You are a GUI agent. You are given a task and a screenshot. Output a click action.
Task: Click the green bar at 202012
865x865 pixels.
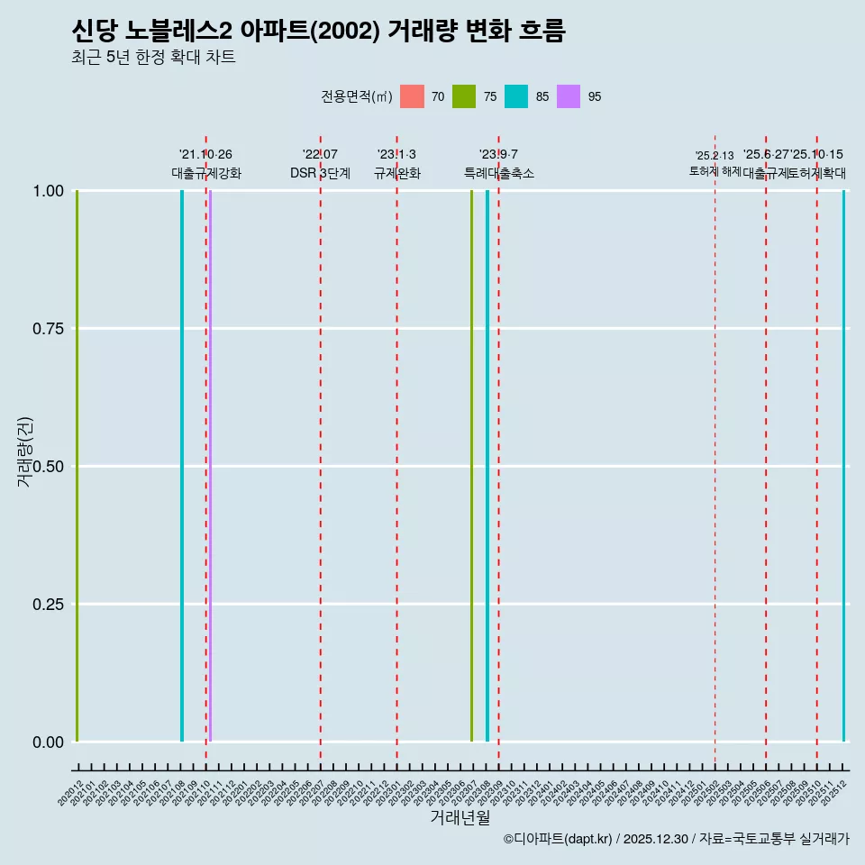pyautogui.click(x=77, y=466)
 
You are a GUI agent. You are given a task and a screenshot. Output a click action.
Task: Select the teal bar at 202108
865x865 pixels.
pyautogui.click(x=182, y=466)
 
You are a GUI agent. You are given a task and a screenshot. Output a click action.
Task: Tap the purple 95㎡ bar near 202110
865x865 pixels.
pyautogui.click(x=210, y=466)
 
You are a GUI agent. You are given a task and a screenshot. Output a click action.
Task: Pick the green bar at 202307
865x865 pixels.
pyautogui.click(x=471, y=466)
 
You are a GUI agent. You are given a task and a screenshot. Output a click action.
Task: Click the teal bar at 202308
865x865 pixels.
pyautogui.click(x=487, y=466)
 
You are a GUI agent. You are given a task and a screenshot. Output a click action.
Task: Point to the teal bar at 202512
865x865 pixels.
pyautogui.click(x=844, y=466)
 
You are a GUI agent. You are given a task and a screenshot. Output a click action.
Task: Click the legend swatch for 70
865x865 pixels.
pyautogui.click(x=412, y=96)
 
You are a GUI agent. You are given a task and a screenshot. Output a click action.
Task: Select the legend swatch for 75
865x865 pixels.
pyautogui.click(x=464, y=96)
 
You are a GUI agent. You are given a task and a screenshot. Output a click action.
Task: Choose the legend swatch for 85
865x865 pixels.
pyautogui.click(x=516, y=96)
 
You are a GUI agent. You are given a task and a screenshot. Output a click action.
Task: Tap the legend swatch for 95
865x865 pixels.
pyautogui.click(x=569, y=96)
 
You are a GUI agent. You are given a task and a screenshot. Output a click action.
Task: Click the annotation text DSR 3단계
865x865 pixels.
pyautogui.click(x=320, y=173)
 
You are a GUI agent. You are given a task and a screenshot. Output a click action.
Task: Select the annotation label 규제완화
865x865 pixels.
pyautogui.click(x=397, y=173)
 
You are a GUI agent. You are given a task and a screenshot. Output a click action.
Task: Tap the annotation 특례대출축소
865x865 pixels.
pyautogui.click(x=499, y=173)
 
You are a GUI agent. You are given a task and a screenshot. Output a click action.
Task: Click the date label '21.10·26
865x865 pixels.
pyautogui.click(x=205, y=155)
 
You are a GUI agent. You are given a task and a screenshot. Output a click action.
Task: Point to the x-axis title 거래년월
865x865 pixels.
pyautogui.click(x=460, y=817)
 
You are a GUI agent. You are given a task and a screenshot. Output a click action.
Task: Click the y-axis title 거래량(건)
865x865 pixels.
pyautogui.click(x=25, y=451)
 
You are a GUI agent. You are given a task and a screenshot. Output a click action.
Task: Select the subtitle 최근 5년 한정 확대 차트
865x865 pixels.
pyautogui.click(x=153, y=58)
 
